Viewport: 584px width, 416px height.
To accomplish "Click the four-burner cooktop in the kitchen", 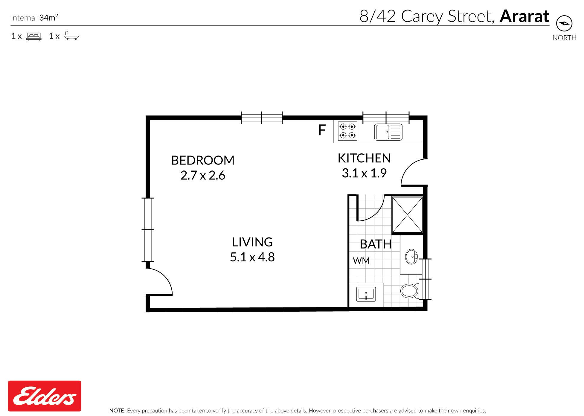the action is (x=347, y=131).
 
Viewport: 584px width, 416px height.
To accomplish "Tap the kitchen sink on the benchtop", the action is (x=388, y=132).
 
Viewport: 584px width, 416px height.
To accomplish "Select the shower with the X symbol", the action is (x=407, y=215).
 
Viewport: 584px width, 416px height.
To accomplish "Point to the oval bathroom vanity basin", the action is (x=412, y=257).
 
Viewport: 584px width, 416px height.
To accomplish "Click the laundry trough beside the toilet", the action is (x=366, y=294).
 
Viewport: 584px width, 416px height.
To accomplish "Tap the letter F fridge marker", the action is (x=322, y=130).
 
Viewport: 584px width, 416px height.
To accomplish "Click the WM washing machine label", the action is (x=361, y=261).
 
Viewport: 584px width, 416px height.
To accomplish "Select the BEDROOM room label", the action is (x=203, y=160).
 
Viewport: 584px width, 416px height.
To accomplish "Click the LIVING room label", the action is (x=252, y=242).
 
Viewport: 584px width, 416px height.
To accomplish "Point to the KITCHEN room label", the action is (x=364, y=158).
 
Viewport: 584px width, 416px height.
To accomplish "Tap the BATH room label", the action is (x=376, y=244).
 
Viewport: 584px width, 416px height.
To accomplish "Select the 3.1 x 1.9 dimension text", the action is (x=364, y=173).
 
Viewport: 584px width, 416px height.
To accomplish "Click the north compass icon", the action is (x=564, y=23).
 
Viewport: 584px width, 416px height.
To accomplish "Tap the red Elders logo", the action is (x=45, y=396).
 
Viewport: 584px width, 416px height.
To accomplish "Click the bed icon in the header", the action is (x=34, y=36).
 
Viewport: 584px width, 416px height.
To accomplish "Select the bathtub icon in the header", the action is (x=71, y=36).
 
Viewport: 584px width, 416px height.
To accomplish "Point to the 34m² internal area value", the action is (x=48, y=18).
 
